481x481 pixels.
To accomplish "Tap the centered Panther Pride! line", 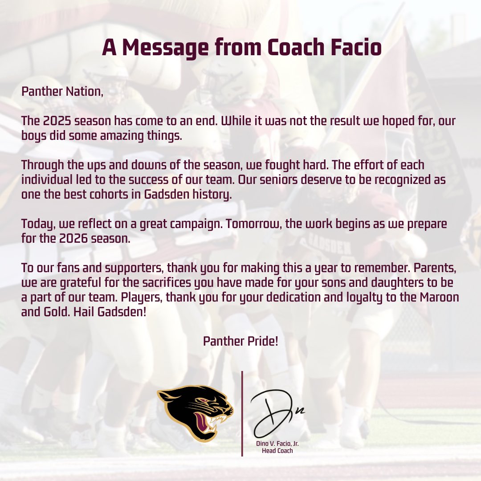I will [x=240, y=342].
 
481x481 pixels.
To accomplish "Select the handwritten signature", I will [x=276, y=414].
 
